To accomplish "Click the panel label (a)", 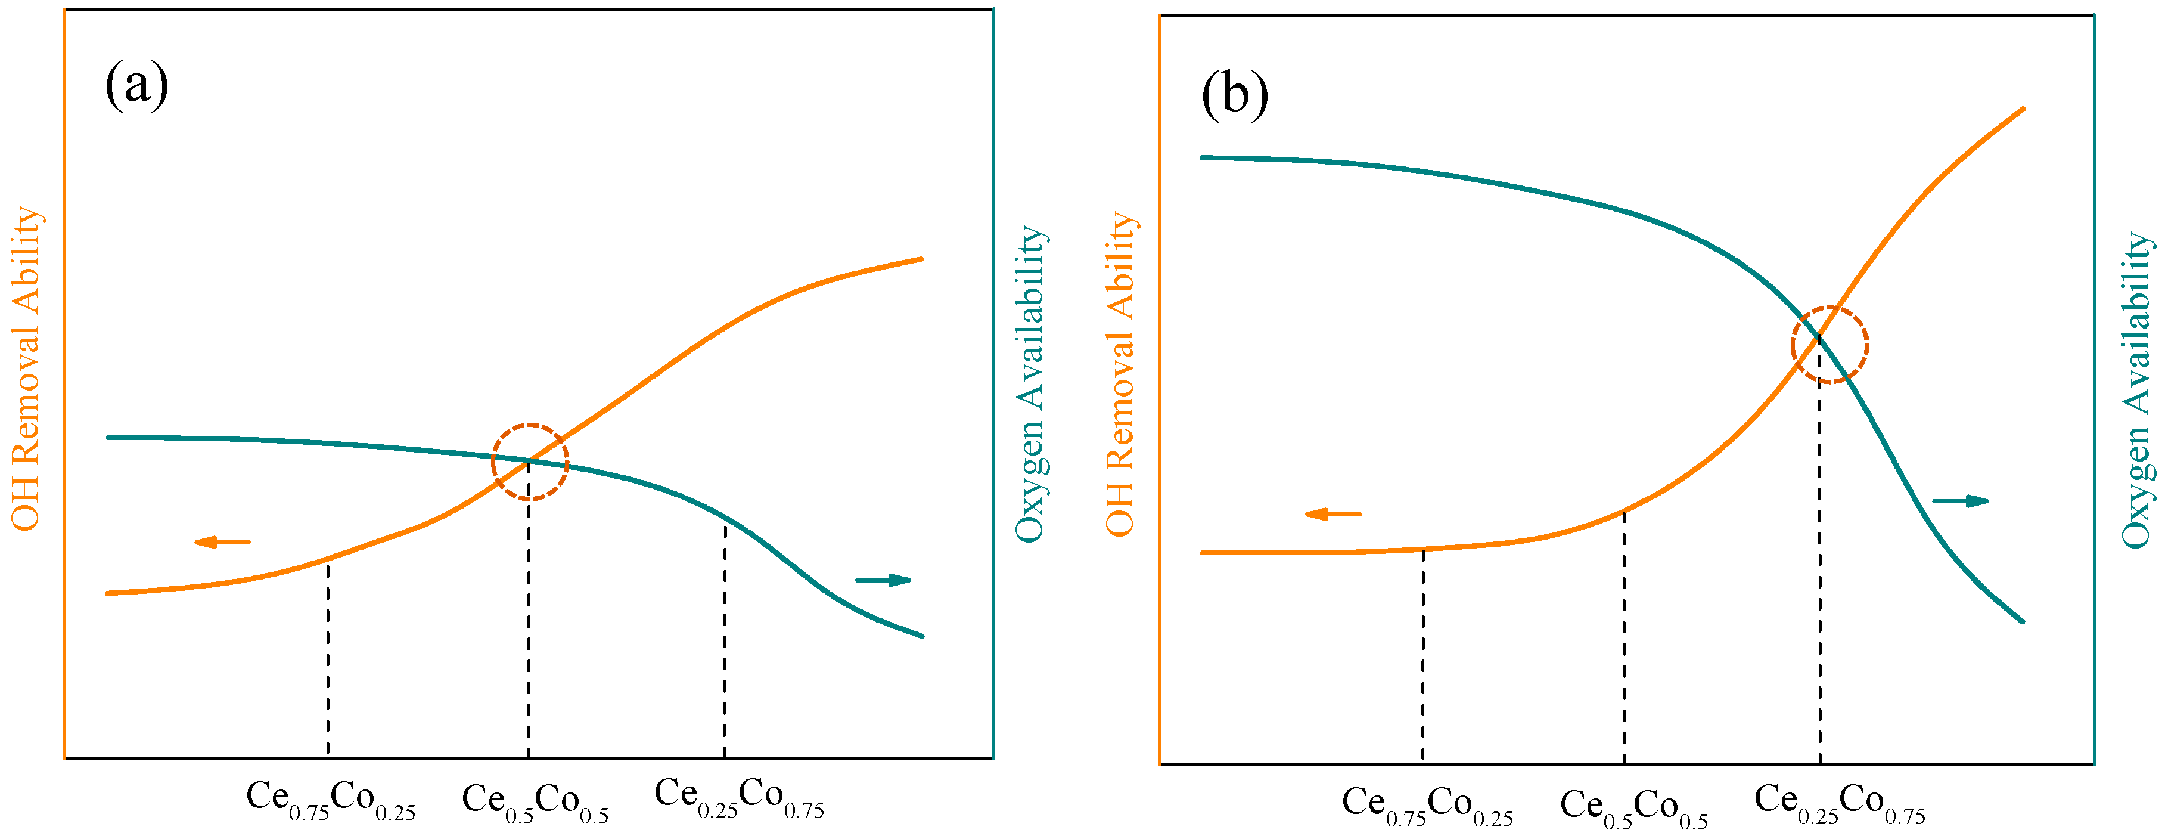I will pos(136,86).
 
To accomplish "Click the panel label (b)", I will pos(1234,95).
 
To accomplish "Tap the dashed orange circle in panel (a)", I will pos(530,462).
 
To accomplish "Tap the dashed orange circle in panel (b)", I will pos(1829,345).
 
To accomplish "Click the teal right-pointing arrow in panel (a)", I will pos(883,580).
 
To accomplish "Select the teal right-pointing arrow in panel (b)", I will pos(1960,501).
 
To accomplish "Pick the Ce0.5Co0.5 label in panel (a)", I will pos(535,803).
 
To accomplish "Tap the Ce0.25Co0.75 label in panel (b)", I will pos(1839,803).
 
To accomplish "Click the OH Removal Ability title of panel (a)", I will pos(26,369).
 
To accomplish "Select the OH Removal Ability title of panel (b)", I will pos(1120,374).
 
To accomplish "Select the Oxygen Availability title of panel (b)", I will pos(2136,390).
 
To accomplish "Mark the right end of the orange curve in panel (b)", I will pos(2022,109).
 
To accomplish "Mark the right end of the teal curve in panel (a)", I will pos(922,636).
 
